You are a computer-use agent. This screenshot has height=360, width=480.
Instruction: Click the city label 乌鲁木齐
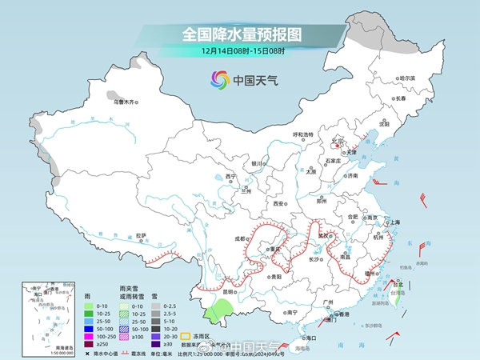tap(125, 102)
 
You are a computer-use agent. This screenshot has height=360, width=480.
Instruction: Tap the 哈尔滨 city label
tap(408, 78)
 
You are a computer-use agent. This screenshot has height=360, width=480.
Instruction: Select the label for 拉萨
tap(141, 235)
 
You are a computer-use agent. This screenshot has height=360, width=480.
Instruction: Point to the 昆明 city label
tap(230, 291)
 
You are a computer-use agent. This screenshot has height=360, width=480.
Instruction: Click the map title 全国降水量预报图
tap(239, 34)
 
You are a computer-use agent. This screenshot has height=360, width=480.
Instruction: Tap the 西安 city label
tap(279, 204)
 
